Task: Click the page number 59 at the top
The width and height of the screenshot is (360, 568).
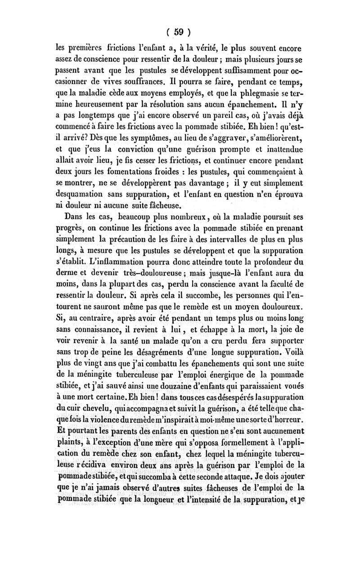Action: [x=180, y=32]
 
